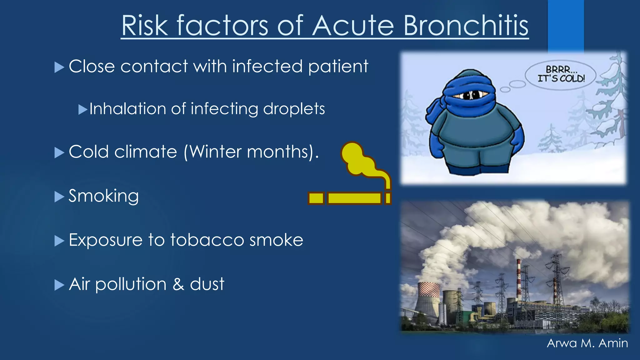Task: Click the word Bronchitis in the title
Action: coord(466,26)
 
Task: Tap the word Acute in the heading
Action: coord(353,26)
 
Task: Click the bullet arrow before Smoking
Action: coord(59,197)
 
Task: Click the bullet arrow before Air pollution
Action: coord(59,285)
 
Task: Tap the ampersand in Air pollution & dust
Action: coord(178,284)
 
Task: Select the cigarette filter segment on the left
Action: coord(316,198)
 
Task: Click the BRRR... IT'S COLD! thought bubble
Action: coord(561,74)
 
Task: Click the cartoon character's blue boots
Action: coord(478,169)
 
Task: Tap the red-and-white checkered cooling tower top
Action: coord(429,289)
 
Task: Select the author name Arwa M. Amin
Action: coord(587,343)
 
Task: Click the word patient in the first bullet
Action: coord(338,67)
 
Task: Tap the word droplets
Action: coord(294,109)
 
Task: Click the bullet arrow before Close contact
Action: coord(59,67)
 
